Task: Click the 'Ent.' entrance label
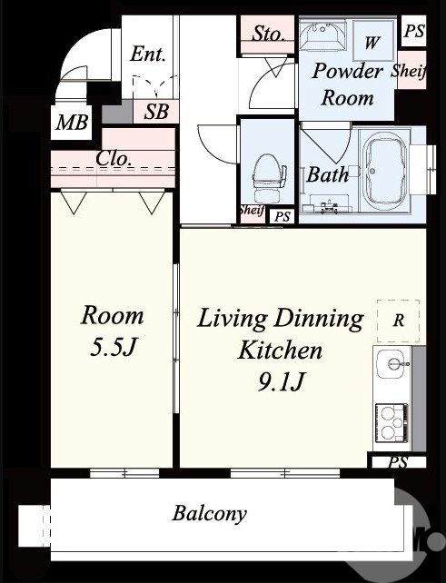(147, 54)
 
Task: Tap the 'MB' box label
(72, 122)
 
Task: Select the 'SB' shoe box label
(156, 111)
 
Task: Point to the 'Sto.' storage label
(268, 34)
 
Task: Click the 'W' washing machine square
(373, 40)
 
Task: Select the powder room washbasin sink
(322, 35)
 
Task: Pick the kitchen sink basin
(391, 363)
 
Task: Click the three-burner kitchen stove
(392, 423)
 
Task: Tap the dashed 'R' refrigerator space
(399, 321)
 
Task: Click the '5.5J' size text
(112, 349)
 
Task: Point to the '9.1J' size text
(281, 382)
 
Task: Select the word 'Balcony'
(209, 514)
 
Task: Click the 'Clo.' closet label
(114, 159)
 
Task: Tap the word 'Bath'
(327, 174)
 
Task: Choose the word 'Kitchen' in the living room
(280, 350)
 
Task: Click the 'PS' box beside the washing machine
(414, 31)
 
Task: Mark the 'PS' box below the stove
(398, 462)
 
